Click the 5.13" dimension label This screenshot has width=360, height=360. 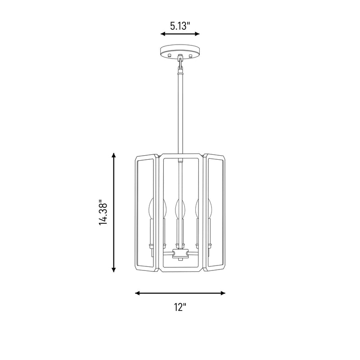tap(180, 26)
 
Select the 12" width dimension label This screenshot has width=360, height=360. tap(180, 307)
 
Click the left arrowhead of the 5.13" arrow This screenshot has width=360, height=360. tap(163, 34)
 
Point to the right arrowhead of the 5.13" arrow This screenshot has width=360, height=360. tap(197, 34)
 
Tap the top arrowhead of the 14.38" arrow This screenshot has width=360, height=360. tap(113, 155)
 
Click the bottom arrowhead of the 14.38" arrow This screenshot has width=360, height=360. tap(113, 270)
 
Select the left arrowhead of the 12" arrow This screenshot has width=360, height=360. tap(138, 293)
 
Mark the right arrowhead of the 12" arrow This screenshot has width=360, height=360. tap(223, 293)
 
